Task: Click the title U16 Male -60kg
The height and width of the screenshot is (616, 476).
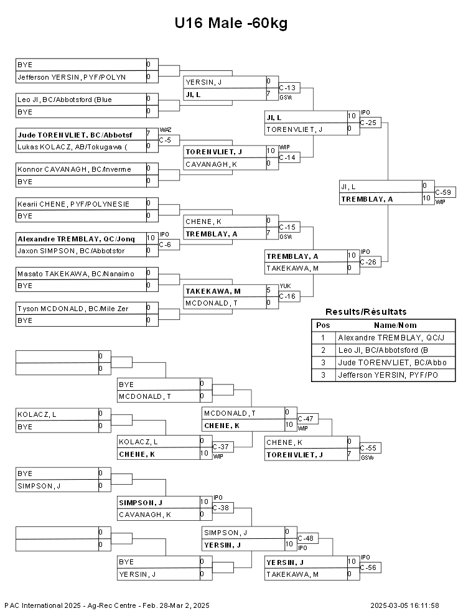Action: pyautogui.click(x=231, y=23)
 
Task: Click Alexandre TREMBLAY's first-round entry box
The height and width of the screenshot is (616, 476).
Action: pyautogui.click(x=82, y=239)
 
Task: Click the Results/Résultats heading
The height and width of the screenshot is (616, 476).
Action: pyautogui.click(x=366, y=312)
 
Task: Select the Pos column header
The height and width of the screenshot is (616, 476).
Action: pyautogui.click(x=323, y=325)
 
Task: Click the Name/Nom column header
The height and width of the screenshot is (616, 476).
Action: pyautogui.click(x=395, y=325)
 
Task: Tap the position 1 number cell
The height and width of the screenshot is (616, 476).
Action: pyautogui.click(x=323, y=337)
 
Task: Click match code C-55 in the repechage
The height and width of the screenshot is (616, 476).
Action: pyautogui.click(x=370, y=448)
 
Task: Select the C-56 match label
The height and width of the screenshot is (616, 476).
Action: pyautogui.click(x=370, y=567)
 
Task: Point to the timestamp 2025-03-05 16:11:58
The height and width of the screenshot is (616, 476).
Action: pyautogui.click(x=404, y=605)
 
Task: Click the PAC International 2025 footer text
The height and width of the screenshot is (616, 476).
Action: pyautogui.click(x=107, y=605)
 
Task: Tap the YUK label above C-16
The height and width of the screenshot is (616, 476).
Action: pyautogui.click(x=285, y=286)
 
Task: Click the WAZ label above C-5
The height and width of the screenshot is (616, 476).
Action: pyautogui.click(x=166, y=130)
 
